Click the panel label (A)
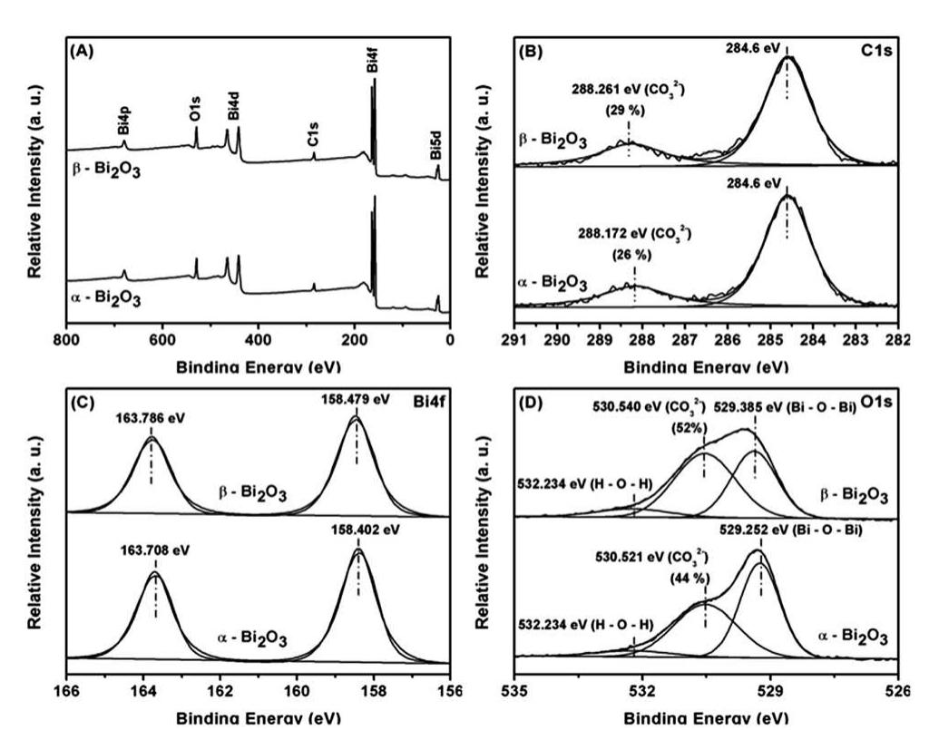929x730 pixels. (83, 52)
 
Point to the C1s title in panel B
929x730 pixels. (877, 52)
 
